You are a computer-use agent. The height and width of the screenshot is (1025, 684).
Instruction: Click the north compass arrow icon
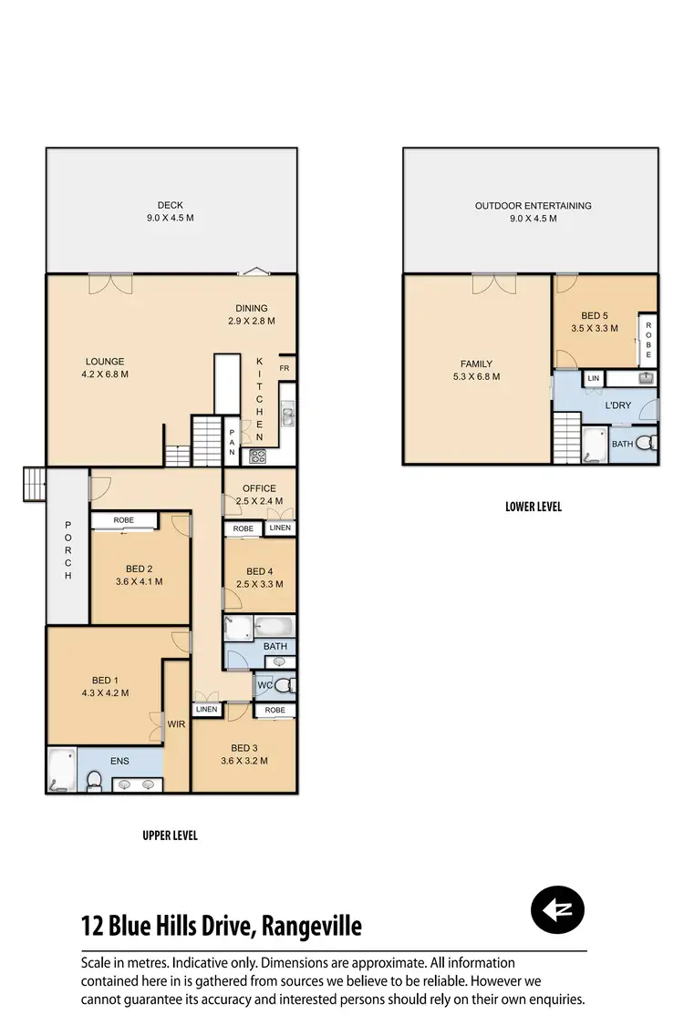point(557,909)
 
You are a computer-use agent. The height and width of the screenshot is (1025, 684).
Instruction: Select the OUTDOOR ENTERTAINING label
point(533,211)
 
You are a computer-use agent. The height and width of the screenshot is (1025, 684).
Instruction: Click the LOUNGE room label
point(105,367)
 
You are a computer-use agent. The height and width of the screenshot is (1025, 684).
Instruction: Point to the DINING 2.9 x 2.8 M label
point(252,314)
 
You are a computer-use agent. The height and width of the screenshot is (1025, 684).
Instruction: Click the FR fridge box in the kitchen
point(285,369)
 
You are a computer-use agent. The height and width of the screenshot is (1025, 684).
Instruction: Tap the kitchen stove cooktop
point(258,457)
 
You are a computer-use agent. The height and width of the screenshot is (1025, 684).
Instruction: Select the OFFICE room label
point(259,495)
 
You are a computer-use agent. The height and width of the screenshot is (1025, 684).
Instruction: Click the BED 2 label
point(139,575)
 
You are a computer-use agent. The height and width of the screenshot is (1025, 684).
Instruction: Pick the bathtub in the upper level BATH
point(274,627)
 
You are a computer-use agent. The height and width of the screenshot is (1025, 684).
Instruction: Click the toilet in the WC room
point(284,684)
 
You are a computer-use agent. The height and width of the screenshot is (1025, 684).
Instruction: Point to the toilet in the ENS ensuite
point(93,779)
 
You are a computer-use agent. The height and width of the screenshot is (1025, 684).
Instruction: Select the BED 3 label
point(244,754)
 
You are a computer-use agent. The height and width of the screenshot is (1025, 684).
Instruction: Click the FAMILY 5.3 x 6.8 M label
point(476,369)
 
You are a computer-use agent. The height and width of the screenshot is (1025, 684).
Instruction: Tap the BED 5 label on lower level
point(594,323)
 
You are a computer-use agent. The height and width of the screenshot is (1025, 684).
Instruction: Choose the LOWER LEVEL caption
point(534,507)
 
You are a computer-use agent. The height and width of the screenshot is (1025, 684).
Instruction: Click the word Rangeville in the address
point(311,927)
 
